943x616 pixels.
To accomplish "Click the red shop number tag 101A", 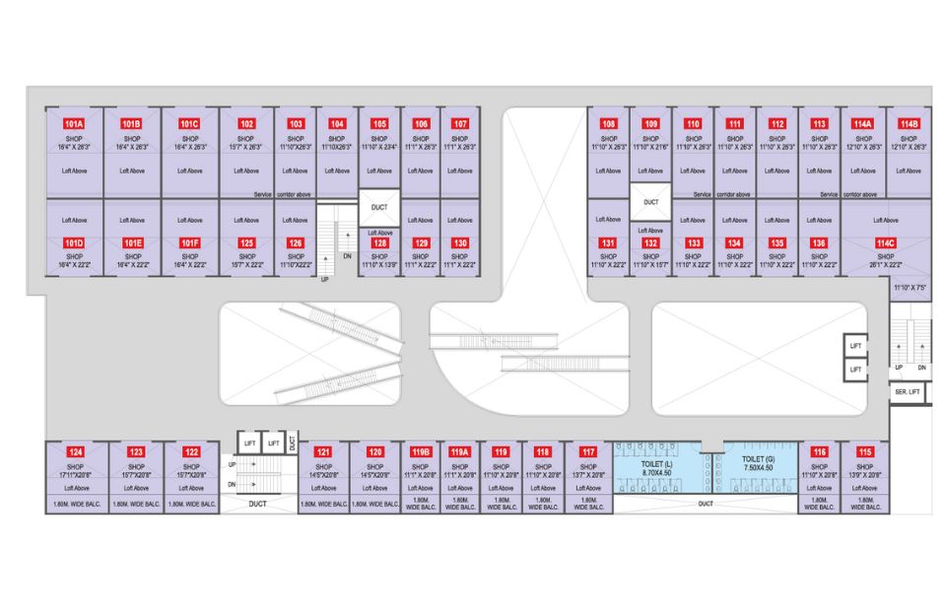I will click(74, 123).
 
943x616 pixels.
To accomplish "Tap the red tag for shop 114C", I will click(885, 242).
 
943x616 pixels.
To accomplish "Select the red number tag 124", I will click(76, 452).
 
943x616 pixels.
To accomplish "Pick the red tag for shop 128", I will click(378, 242).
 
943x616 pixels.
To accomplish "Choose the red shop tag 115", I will click(864, 452).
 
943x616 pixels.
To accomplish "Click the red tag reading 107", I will click(459, 123).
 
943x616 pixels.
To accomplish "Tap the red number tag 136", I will click(818, 242).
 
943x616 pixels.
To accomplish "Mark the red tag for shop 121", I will click(322, 452).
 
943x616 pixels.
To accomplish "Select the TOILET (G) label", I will click(757, 459).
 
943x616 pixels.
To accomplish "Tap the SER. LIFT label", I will click(907, 391).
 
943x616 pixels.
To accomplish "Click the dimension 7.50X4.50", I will click(757, 469).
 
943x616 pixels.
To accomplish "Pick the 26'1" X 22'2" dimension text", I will click(885, 264).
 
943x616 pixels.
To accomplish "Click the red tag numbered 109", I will click(650, 123).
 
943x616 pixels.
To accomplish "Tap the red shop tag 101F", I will click(190, 242).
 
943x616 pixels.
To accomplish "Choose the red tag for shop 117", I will click(588, 452).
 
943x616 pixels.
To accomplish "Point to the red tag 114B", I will click(908, 123).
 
